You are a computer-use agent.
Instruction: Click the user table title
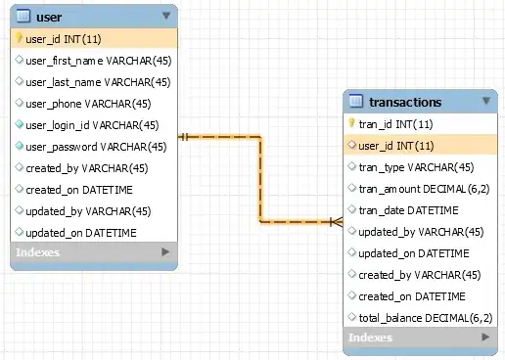(x=49, y=17)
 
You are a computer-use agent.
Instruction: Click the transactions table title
(x=405, y=102)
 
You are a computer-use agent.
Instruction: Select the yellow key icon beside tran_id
(x=351, y=123)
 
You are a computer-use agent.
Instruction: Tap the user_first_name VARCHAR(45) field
(x=99, y=61)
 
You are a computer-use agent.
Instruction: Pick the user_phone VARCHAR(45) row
(x=88, y=104)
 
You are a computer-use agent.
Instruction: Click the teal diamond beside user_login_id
(x=20, y=124)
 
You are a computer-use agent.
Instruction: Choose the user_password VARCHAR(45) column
(x=96, y=147)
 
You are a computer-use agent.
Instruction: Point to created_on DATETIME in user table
(x=79, y=190)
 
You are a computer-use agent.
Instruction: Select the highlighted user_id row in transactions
(x=421, y=146)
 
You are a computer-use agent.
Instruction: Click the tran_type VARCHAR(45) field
(x=416, y=167)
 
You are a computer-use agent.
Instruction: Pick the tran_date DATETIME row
(x=408, y=210)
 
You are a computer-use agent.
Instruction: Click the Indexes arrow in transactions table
(x=485, y=337)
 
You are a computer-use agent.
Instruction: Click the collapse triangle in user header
(x=166, y=16)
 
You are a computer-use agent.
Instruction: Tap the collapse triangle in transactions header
(x=486, y=101)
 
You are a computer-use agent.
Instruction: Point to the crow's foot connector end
(x=337, y=222)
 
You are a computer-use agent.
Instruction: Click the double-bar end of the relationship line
(x=184, y=137)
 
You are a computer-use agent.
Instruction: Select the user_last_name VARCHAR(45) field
(x=98, y=82)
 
